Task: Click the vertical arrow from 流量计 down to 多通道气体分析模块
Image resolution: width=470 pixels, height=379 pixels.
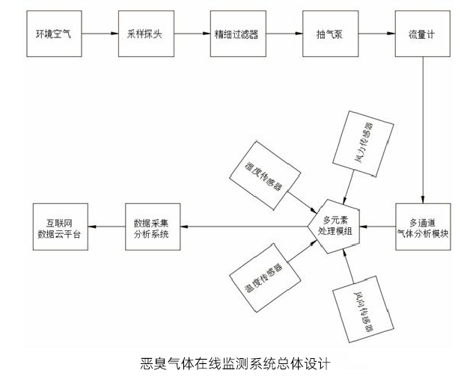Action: coord(424,127)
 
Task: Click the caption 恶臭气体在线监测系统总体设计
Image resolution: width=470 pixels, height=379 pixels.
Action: coord(234,366)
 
